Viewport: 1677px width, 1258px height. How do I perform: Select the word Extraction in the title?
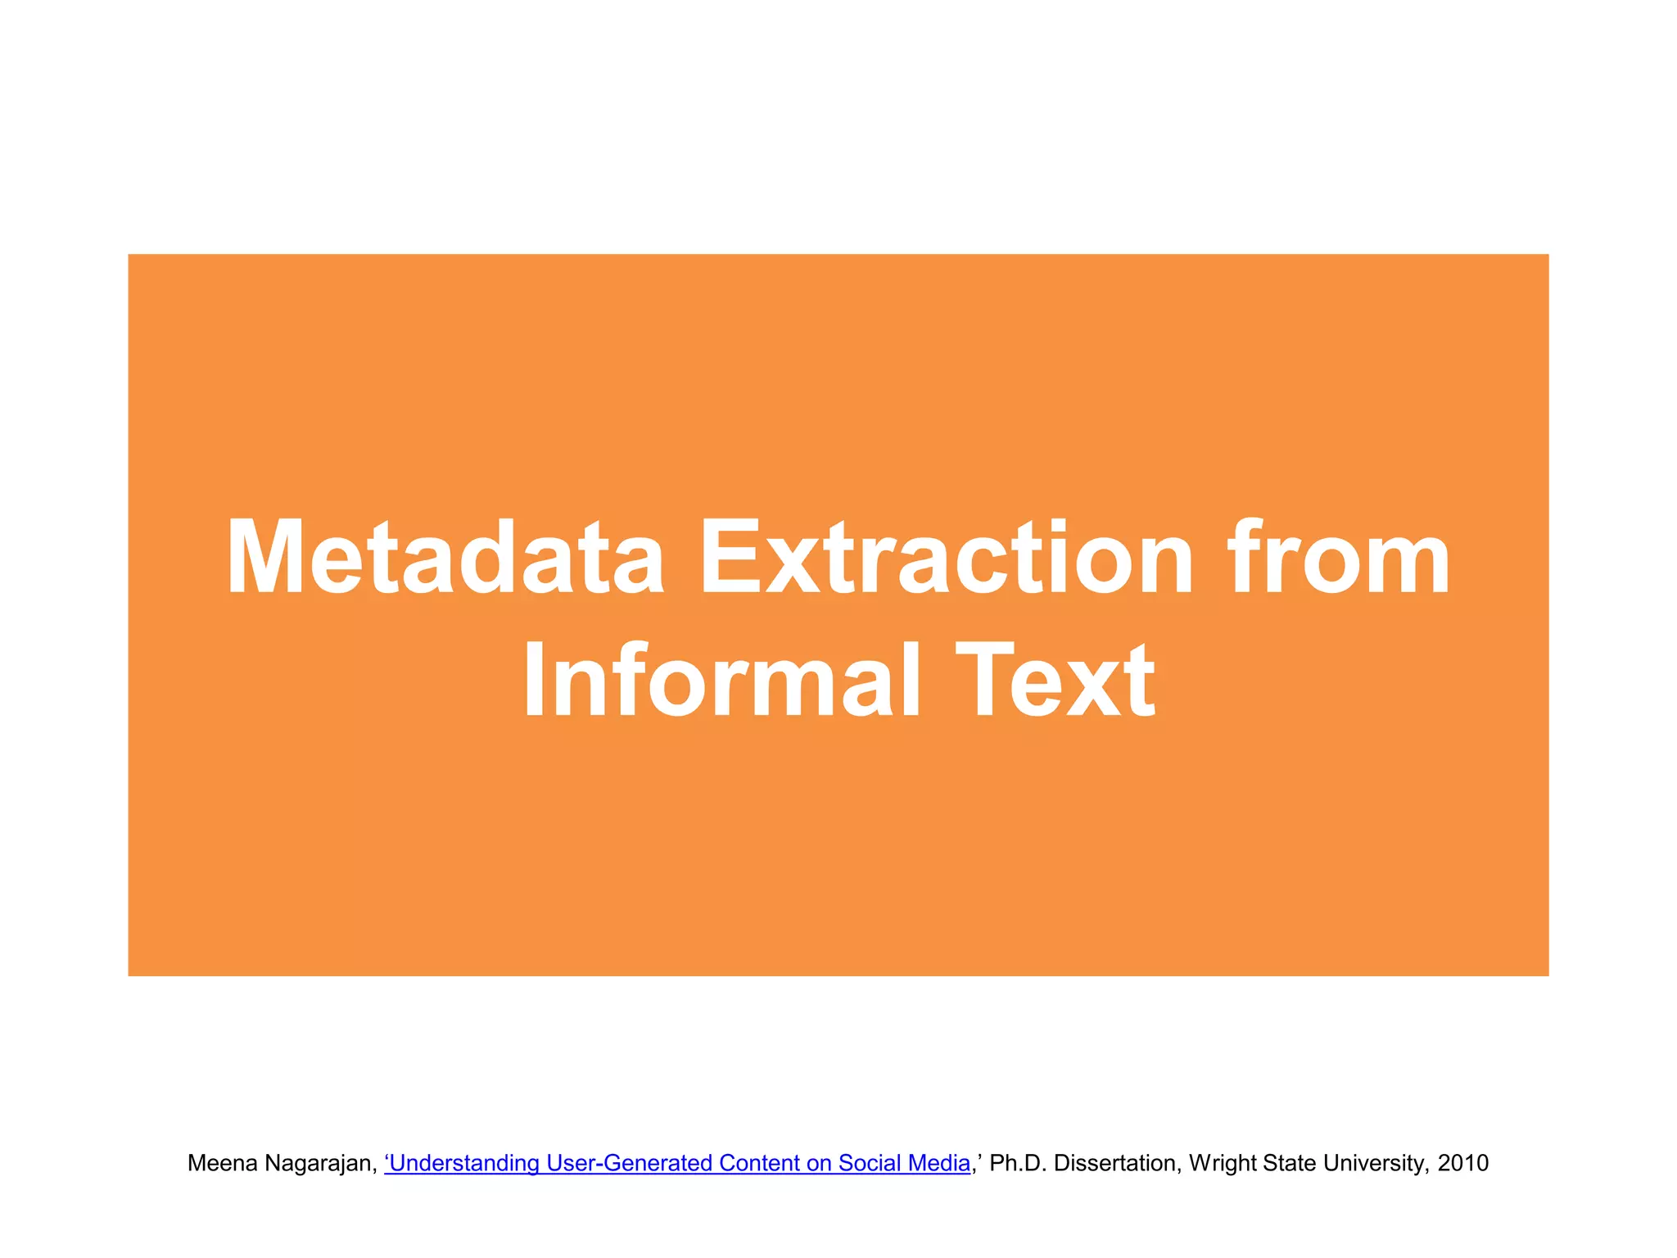point(947,558)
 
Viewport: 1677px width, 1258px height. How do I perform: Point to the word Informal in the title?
point(721,680)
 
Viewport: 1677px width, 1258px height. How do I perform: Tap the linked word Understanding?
point(465,1163)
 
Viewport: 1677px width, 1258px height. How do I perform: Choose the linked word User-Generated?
point(629,1163)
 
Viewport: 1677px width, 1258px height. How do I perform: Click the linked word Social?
point(869,1163)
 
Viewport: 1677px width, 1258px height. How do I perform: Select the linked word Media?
point(938,1163)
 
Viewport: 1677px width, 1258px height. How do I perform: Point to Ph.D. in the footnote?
point(1018,1163)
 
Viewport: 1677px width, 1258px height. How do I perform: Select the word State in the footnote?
point(1290,1163)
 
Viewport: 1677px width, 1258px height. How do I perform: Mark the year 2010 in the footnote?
point(1463,1163)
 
